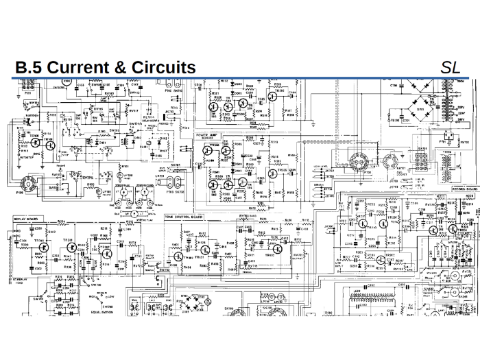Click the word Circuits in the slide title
(x=161, y=67)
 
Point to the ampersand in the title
(x=117, y=67)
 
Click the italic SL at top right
(x=451, y=67)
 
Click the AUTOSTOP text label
(x=26, y=157)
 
